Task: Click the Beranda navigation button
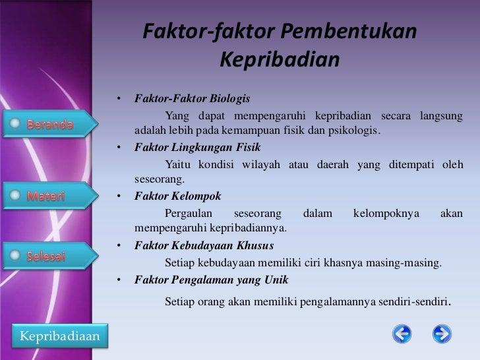(x=49, y=125)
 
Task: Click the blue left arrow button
(x=402, y=334)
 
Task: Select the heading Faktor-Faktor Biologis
(x=192, y=99)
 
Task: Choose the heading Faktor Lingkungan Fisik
(x=198, y=147)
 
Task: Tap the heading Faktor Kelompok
(x=177, y=196)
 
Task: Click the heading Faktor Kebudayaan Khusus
(x=204, y=245)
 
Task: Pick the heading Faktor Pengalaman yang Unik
(x=211, y=280)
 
